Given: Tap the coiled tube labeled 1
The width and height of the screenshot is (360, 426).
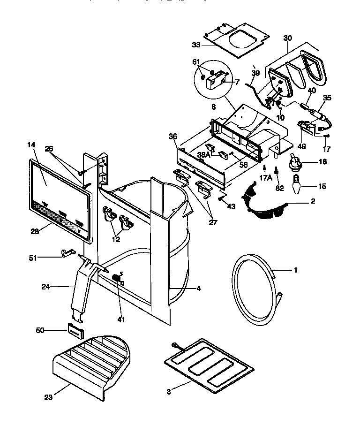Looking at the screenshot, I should (x=255, y=294).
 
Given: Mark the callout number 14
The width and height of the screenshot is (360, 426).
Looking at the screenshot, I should (x=31, y=146).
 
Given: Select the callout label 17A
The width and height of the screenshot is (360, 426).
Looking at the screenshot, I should (x=265, y=179).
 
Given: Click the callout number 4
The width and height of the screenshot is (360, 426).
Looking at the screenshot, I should (x=198, y=289).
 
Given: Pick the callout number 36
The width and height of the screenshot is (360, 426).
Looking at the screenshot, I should (x=173, y=137).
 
